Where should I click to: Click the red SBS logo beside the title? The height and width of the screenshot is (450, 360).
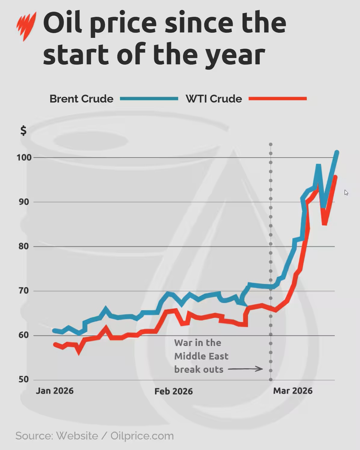pyautogui.click(x=26, y=26)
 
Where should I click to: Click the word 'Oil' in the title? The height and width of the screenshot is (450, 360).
pyautogui.click(x=63, y=23)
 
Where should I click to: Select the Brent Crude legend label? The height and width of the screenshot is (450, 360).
pyautogui.click(x=81, y=99)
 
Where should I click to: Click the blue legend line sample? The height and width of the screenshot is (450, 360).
pyautogui.click(x=149, y=99)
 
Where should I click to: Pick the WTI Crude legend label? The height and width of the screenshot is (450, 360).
pyautogui.click(x=214, y=99)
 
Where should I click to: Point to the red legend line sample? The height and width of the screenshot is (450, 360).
pyautogui.click(x=278, y=99)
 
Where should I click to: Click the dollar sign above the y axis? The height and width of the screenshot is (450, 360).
pyautogui.click(x=23, y=131)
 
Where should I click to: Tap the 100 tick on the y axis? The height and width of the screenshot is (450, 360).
pyautogui.click(x=24, y=157)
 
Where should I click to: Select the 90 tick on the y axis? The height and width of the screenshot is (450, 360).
pyautogui.click(x=24, y=202)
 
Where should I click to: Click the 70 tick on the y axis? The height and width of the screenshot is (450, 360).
pyautogui.click(x=24, y=291)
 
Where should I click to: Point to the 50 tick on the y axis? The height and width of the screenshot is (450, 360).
pyautogui.click(x=24, y=379)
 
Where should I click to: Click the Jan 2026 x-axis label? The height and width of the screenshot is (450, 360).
pyautogui.click(x=55, y=391)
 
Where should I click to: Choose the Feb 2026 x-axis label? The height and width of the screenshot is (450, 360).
pyautogui.click(x=174, y=391)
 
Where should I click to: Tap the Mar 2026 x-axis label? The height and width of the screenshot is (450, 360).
pyautogui.click(x=293, y=391)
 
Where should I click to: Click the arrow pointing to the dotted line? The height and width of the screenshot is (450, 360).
pyautogui.click(x=245, y=369)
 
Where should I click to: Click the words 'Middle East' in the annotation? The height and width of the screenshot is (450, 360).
pyautogui.click(x=201, y=356)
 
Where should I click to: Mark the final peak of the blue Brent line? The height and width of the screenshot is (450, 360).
pyautogui.click(x=337, y=152)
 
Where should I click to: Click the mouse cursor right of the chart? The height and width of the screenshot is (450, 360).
pyautogui.click(x=346, y=193)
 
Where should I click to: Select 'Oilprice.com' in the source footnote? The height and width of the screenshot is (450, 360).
pyautogui.click(x=142, y=436)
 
